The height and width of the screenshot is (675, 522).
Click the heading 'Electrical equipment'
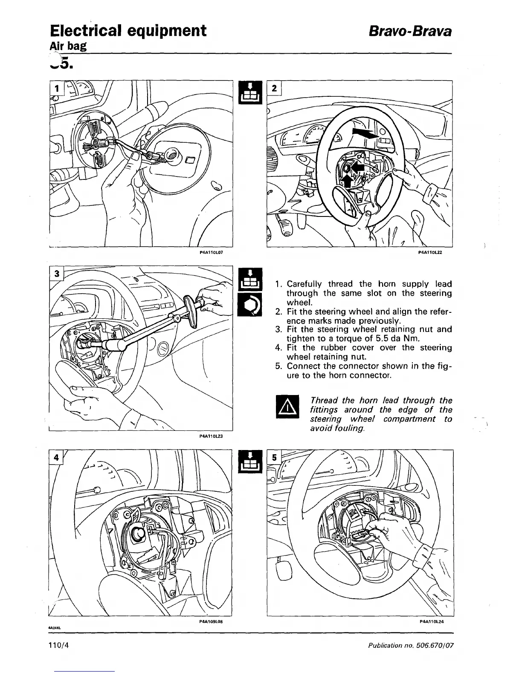tap(128, 31)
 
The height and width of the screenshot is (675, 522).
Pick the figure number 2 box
tap(274, 88)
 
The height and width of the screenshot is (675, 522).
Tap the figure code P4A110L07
tap(212, 252)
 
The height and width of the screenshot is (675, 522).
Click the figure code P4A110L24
tap(431, 622)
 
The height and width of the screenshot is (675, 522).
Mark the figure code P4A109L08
tap(212, 622)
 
